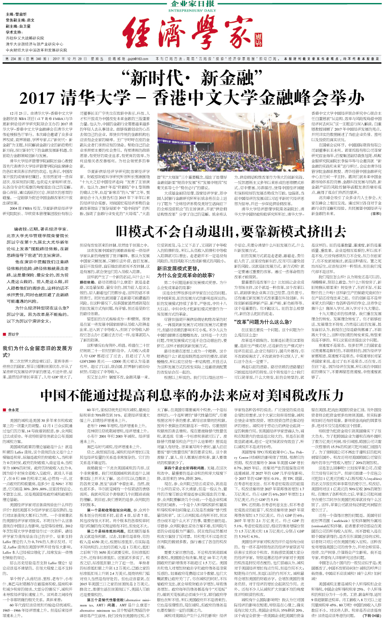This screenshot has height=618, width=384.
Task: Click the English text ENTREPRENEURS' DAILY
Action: coord(192,11)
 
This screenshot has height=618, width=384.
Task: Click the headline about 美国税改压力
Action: coord(192,394)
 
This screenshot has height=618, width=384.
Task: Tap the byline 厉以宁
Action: coord(13,334)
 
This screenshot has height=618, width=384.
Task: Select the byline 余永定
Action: coord(13,410)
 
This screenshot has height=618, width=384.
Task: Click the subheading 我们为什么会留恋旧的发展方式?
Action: coord(37,352)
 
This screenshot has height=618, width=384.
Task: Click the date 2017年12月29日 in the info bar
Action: coord(69,59)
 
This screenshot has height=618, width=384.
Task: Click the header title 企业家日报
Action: coord(192,4)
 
